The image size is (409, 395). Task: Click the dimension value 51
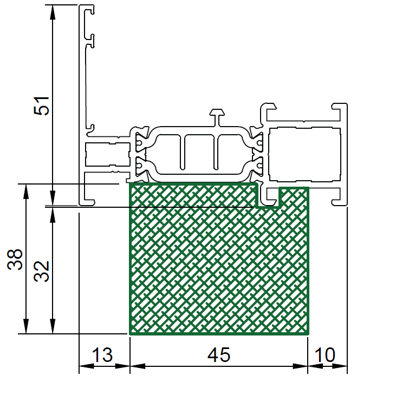[x=42, y=106]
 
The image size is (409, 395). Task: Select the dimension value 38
[x=15, y=259]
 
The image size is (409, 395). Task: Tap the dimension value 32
[x=42, y=271]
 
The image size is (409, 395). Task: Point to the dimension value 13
[x=102, y=355]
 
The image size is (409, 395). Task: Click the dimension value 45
[x=219, y=355]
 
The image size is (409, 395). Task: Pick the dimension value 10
[x=324, y=355]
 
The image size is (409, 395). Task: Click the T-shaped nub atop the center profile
[x=217, y=117]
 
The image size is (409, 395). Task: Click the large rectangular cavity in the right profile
[x=304, y=154]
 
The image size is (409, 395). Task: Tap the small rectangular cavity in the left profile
[x=108, y=154]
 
